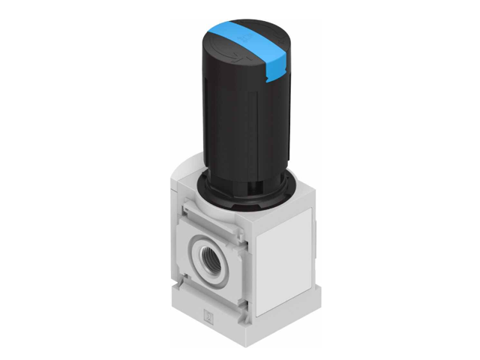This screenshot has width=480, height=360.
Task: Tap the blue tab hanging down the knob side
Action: pos(275,70)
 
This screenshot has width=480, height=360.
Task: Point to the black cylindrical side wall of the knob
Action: pos(225,120)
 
